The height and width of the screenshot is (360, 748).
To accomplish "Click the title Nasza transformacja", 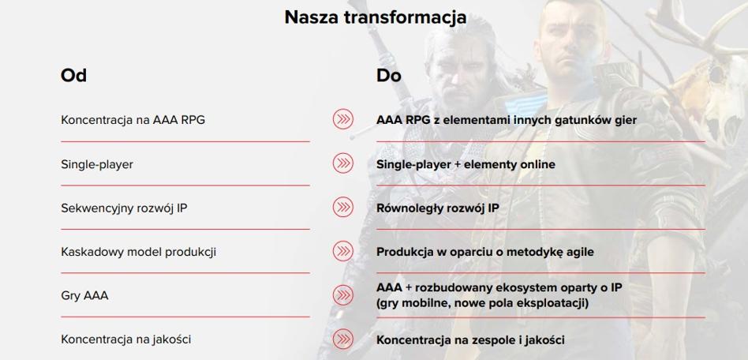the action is click(376, 17).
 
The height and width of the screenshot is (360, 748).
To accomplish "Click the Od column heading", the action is click(73, 76).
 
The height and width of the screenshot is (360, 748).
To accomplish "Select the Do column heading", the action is click(389, 76).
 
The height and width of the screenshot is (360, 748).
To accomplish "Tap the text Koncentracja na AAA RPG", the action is click(133, 120).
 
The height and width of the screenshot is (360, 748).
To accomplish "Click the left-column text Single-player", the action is click(97, 164).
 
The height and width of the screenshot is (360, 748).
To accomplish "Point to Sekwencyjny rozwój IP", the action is click(124, 208).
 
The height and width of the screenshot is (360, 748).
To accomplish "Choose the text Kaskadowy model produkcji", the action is click(138, 252).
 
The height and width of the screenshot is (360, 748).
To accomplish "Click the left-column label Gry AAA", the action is click(84, 296).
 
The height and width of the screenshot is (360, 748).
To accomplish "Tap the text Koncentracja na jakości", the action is click(126, 339).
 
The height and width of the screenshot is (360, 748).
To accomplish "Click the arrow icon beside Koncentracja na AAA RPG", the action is click(343, 119).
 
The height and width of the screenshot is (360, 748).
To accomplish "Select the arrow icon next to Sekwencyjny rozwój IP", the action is click(343, 207).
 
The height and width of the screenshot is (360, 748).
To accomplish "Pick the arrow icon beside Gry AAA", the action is click(343, 294).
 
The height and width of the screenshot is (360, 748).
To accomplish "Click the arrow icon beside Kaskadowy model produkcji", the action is click(343, 251).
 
